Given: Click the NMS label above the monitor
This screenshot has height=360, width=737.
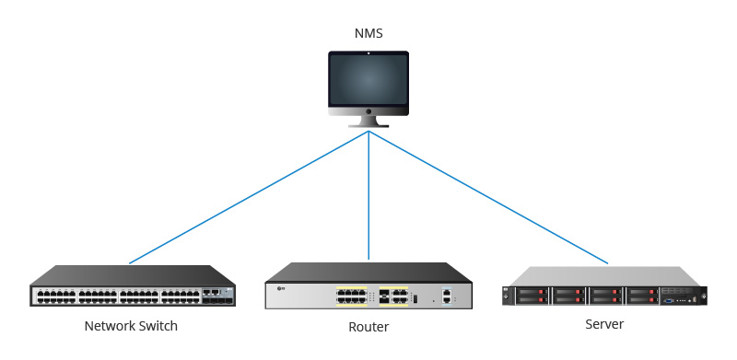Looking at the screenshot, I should [x=368, y=34].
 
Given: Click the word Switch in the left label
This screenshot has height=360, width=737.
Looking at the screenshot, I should [x=158, y=326].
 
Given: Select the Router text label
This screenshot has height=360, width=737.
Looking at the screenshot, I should [x=368, y=327].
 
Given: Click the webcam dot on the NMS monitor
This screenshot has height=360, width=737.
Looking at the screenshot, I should [x=368, y=53].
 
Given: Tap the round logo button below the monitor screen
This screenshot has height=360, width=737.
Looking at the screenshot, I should [x=368, y=108].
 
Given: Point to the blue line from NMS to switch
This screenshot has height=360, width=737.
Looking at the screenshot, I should [x=249, y=197].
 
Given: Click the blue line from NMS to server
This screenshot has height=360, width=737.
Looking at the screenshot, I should [x=488, y=197].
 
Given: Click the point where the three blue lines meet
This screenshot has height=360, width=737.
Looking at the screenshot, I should [x=368, y=132].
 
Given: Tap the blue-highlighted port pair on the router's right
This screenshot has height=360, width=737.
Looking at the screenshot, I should [x=447, y=296].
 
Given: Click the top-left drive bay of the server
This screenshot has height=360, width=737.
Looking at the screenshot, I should [x=532, y=291].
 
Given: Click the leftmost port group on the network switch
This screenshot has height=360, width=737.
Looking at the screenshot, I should [x=55, y=296].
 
